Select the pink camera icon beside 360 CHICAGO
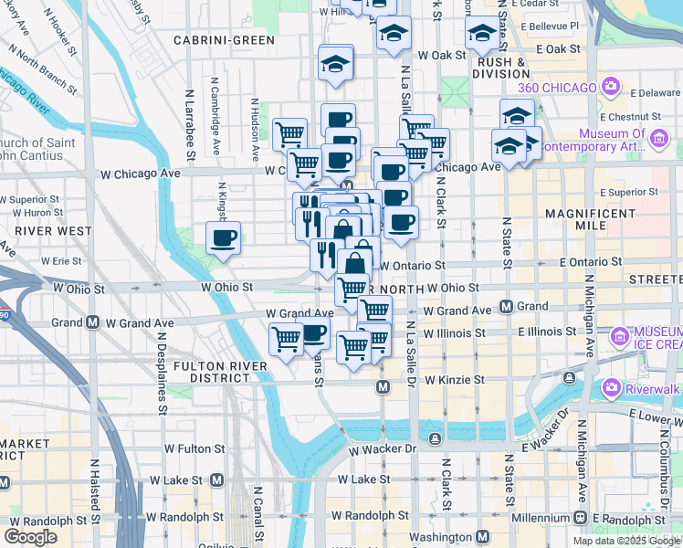click(x=612, y=88)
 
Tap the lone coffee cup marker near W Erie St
click(x=224, y=239)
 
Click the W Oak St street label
click(x=442, y=56)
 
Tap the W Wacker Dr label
click(x=383, y=449)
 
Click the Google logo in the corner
click(x=30, y=537)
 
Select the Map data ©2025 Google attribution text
click(x=625, y=541)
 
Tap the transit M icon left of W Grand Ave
click(x=92, y=322)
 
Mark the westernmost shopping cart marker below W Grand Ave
click(x=287, y=339)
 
